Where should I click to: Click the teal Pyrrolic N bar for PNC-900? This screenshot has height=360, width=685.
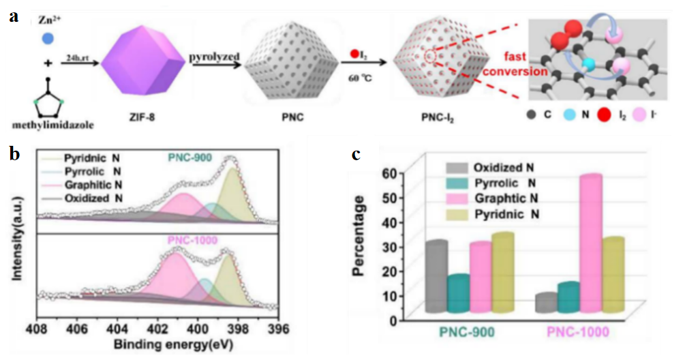click(x=458, y=293)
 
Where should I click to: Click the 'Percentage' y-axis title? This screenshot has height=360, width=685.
click(x=359, y=236)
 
